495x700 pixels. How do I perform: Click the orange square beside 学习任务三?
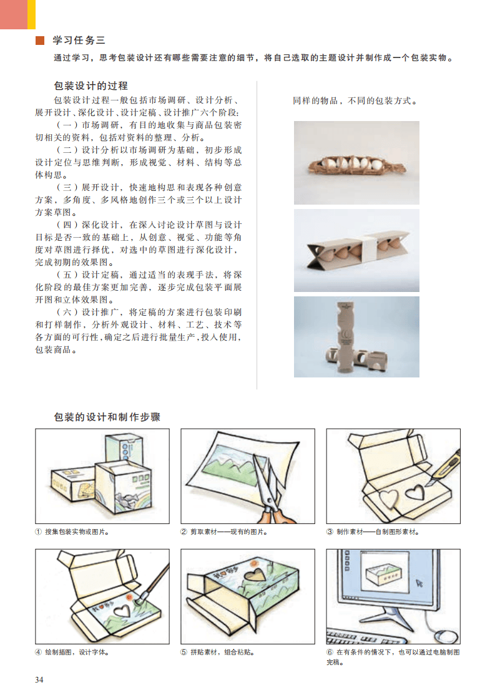point(40,41)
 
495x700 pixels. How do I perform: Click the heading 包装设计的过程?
point(91,85)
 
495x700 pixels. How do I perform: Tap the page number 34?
point(39,679)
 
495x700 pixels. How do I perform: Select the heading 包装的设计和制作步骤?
point(107,417)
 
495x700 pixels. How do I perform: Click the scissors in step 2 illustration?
point(270,491)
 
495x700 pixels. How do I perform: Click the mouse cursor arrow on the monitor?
point(419,583)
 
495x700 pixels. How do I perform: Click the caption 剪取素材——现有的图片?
point(228,532)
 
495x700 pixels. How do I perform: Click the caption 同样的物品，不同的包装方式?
point(355,101)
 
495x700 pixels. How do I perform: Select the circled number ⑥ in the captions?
point(330,652)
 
